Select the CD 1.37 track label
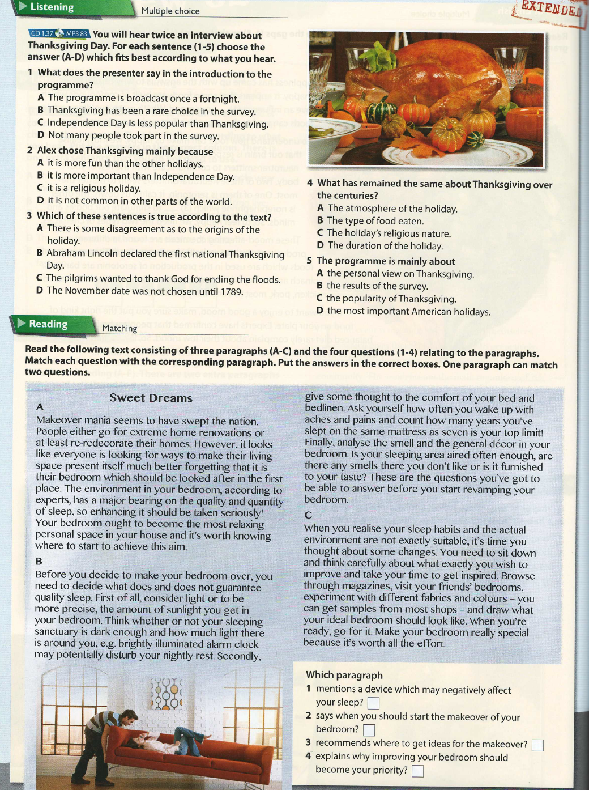(42, 34)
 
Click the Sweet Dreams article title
(151, 398)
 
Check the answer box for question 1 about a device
(373, 703)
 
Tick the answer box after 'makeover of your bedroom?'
(369, 730)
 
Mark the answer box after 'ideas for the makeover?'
(537, 745)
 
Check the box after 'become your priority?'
(417, 771)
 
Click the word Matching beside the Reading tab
(119, 328)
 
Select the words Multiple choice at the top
(170, 11)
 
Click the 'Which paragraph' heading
(344, 675)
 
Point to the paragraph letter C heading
(308, 515)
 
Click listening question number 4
(310, 183)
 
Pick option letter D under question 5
(319, 311)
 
